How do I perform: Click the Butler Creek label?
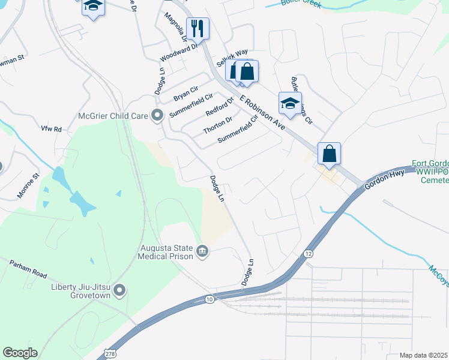coord(301,4)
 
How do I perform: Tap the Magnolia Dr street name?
coord(176,26)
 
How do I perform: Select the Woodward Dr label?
coord(178,53)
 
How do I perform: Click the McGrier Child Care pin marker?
coord(157,115)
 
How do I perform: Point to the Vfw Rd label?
coord(51,129)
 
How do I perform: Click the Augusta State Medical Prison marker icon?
coord(202,250)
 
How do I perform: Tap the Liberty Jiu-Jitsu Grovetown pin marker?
coord(119,291)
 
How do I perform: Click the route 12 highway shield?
coord(308,254)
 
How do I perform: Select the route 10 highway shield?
coord(209,298)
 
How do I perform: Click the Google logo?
coord(20,353)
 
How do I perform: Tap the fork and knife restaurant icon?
coord(197,28)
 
